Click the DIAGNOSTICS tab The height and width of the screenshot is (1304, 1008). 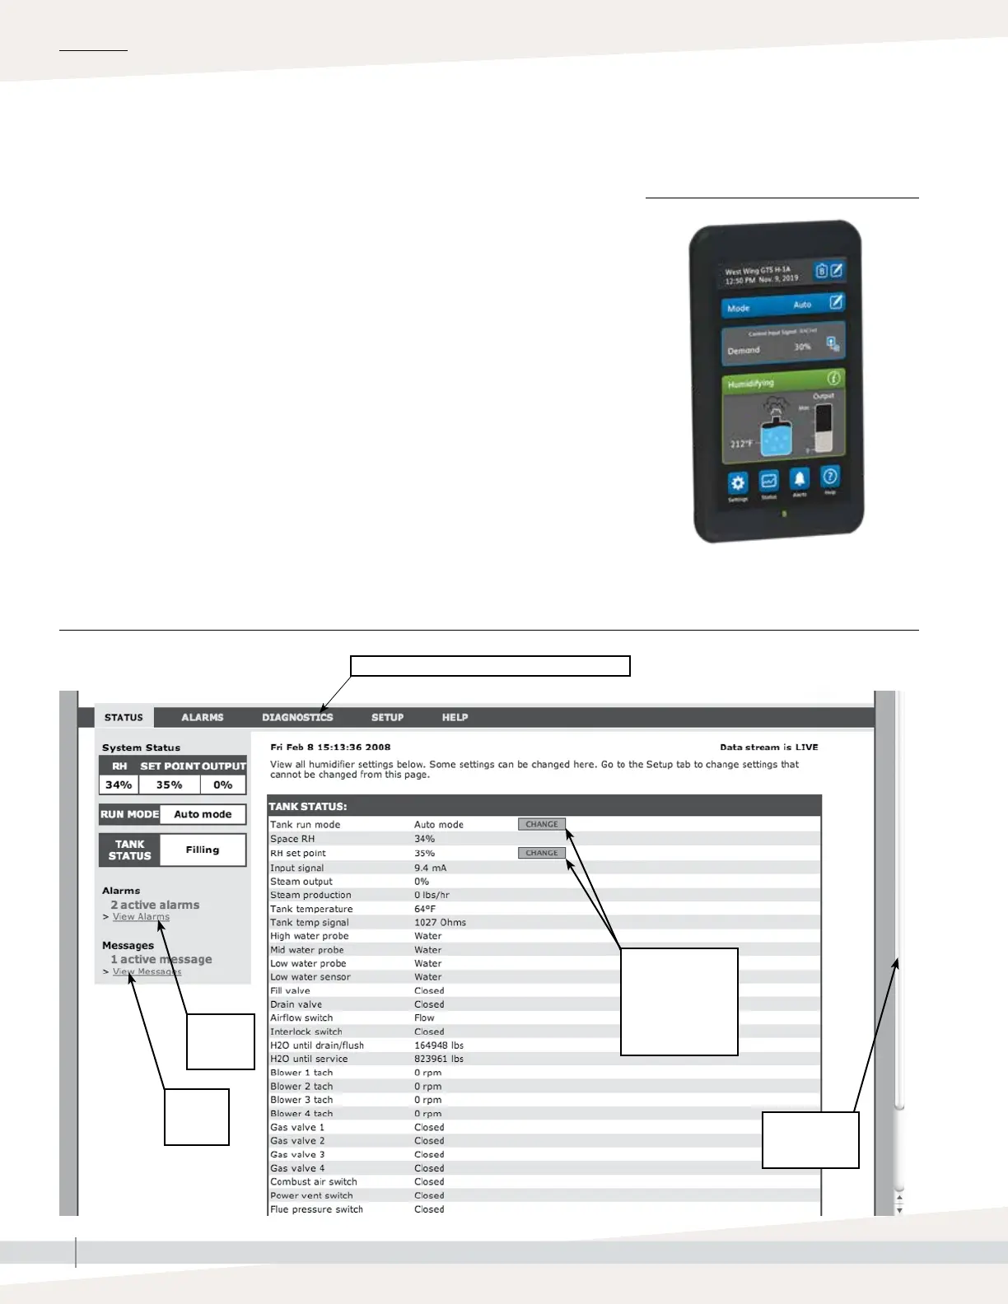coord(297,717)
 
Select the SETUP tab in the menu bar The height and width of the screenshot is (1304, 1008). coord(387,717)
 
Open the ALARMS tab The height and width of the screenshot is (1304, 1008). coord(202,717)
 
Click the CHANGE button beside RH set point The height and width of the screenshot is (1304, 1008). coord(541,853)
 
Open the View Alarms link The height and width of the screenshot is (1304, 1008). coord(141,917)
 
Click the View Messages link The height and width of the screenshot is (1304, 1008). coord(147,971)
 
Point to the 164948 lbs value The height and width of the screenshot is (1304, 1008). coord(438,1046)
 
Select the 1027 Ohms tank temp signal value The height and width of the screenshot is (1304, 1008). coord(440,923)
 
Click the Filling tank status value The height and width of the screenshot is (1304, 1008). coord(203,850)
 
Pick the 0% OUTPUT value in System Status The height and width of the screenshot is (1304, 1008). coord(222,785)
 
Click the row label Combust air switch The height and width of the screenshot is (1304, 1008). coord(313,1182)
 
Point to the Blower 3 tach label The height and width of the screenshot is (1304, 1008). coord(301,1100)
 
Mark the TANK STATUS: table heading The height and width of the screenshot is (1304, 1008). coord(308,807)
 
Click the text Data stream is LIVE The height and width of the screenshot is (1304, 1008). coord(768,747)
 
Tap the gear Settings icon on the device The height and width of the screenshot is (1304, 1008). coord(738,483)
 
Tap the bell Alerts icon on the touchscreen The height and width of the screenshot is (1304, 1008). coord(799,478)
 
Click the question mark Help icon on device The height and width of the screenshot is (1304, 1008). coord(830,476)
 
